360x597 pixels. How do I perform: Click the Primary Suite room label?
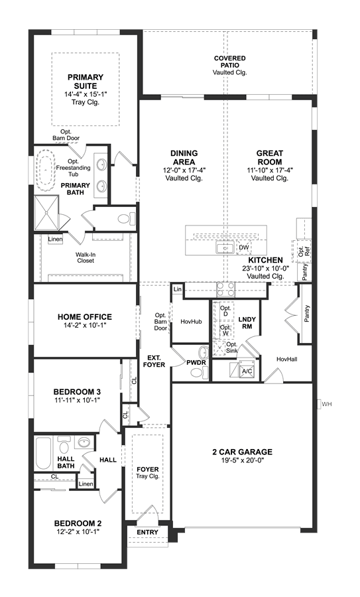(86, 82)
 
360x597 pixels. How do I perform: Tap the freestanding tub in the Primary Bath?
(46, 170)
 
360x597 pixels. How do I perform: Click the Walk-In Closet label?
(85, 257)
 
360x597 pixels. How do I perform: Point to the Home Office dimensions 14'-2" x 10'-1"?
(84, 326)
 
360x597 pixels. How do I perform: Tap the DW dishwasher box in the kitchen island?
(244, 247)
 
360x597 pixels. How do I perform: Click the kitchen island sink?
(225, 248)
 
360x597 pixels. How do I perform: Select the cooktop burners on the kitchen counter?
(225, 290)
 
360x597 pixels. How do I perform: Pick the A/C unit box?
(246, 370)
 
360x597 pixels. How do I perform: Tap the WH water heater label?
(326, 404)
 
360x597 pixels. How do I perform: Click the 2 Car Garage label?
(243, 452)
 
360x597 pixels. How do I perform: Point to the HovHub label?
(191, 322)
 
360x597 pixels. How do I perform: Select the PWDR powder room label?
(196, 362)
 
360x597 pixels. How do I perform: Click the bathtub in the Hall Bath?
(43, 454)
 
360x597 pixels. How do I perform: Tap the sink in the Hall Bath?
(84, 442)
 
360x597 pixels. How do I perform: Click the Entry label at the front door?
(147, 532)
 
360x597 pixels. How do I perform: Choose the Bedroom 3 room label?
(77, 392)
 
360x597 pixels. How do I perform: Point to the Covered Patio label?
(230, 62)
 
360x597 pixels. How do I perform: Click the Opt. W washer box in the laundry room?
(225, 330)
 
